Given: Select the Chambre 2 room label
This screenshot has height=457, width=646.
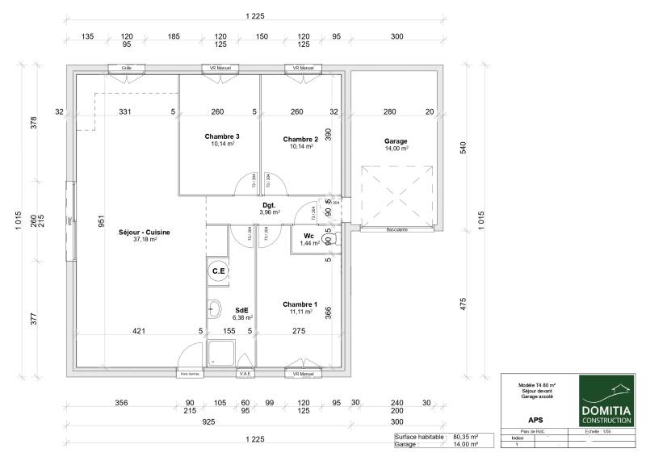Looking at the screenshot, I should click(300, 139).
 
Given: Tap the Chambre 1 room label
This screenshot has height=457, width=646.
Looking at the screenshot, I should click(300, 304).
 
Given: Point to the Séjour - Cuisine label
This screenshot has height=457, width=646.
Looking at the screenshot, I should click(144, 232).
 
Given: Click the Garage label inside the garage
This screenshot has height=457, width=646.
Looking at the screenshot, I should click(396, 141).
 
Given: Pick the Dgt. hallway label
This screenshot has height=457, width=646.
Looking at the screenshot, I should click(268, 206).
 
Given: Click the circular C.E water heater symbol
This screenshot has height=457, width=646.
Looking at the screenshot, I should click(218, 272).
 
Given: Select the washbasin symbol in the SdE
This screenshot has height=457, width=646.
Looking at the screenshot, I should click(215, 308).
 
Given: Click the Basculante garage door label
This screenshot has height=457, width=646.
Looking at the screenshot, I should click(396, 230).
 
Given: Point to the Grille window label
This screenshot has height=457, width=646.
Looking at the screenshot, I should click(127, 69).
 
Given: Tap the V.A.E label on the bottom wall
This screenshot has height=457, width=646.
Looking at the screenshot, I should click(245, 374).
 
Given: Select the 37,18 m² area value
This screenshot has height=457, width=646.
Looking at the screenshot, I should click(144, 239).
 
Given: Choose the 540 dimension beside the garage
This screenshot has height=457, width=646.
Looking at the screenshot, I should click(463, 149).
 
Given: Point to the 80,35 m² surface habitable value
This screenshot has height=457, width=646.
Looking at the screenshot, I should click(466, 437).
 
